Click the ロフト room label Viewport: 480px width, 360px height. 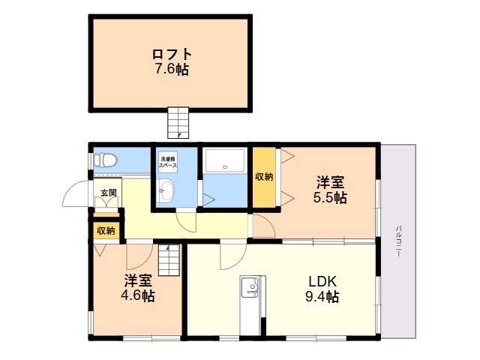pos(172,55)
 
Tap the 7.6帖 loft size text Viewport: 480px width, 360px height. pos(172,69)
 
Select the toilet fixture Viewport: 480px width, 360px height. pos(105,160)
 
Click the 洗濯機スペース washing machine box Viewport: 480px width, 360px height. pos(168,162)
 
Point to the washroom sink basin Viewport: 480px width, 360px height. pos(166,190)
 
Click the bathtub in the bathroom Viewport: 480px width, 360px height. pos(225,160)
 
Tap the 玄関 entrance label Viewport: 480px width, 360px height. pos(109,193)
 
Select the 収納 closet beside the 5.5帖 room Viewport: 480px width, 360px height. pos(264,177)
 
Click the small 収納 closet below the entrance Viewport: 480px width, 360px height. pos(106,230)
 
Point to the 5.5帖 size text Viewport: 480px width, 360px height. pos(330,197)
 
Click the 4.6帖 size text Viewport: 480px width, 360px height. pos(138,295)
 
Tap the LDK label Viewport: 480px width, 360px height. pos(322,281)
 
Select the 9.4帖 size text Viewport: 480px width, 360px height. pos(322,296)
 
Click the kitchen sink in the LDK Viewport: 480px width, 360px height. pos(250,286)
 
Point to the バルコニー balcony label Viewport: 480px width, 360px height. pos(398,241)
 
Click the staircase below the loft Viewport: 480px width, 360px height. pos(178,122)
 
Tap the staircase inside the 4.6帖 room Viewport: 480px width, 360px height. pos(169,260)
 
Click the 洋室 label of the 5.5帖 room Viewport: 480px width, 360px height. pos(330,182)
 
